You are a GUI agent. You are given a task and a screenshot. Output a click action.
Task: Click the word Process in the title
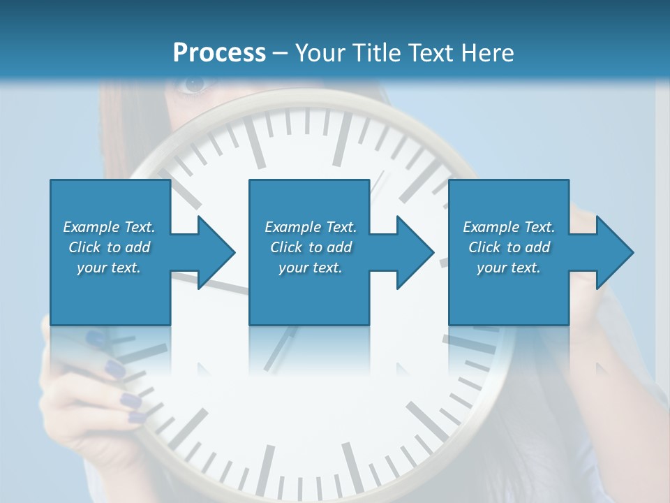tap(219, 53)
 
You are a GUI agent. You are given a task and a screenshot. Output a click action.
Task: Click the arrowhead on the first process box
tap(216, 252)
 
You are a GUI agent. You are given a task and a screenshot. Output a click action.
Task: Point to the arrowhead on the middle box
tap(416, 252)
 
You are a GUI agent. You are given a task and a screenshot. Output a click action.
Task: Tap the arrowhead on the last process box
tap(615, 252)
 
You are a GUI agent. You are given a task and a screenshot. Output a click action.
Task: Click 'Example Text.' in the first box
tap(109, 227)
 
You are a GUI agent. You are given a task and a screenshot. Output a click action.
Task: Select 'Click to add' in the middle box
tap(311, 247)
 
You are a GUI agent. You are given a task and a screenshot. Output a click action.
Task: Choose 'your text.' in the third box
tap(509, 268)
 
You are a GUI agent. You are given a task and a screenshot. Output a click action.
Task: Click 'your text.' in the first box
tap(109, 268)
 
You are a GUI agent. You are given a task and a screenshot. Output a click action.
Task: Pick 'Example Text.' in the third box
tap(509, 227)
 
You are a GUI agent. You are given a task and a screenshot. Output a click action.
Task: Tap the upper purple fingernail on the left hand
tap(114, 369)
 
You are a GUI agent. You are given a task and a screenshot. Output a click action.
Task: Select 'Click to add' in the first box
tap(109, 247)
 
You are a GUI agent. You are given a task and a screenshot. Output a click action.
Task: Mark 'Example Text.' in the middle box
tap(311, 227)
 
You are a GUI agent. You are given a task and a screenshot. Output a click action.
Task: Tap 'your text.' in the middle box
tap(311, 268)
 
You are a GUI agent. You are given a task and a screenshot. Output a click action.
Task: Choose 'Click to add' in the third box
tap(509, 247)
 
